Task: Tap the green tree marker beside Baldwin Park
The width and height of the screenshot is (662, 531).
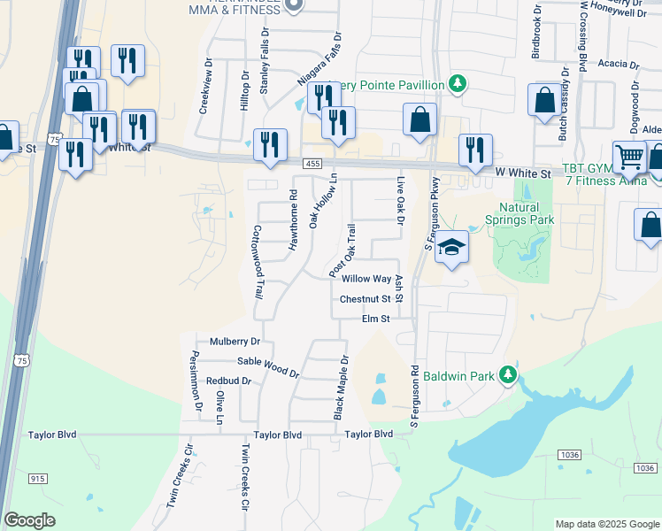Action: [508, 376]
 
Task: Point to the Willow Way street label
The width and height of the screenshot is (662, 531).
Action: [372, 279]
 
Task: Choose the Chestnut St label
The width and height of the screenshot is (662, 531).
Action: [365, 299]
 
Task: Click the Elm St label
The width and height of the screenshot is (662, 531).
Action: [375, 319]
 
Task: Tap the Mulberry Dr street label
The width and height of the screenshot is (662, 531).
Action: [235, 341]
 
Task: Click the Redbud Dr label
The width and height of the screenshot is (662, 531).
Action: [228, 381]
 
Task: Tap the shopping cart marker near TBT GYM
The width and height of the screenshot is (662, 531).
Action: [629, 158]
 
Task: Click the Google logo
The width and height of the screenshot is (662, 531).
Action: [30, 521]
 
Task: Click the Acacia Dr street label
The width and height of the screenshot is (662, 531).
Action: [618, 64]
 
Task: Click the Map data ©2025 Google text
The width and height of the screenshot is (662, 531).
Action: [607, 524]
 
